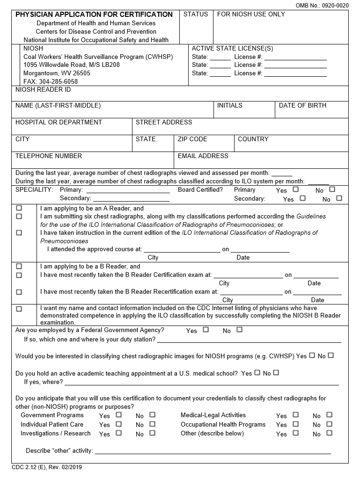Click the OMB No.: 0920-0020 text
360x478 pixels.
pyautogui.click(x=322, y=5)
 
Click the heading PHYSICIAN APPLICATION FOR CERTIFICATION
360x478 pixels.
pyautogui.click(x=94, y=14)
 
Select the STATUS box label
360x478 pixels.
pyautogui.click(x=196, y=14)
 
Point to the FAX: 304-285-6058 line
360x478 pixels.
pyautogui.click(x=51, y=81)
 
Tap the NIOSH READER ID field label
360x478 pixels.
pyautogui.click(x=43, y=89)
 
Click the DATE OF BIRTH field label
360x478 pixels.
pyautogui.click(x=302, y=106)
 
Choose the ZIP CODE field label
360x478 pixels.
pyautogui.click(x=192, y=139)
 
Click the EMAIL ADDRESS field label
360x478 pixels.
pyautogui.click(x=203, y=156)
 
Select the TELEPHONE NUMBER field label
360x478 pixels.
pyautogui.click(x=49, y=156)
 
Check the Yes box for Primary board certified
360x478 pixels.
pyautogui.click(x=295, y=189)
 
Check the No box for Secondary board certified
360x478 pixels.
pyautogui.click(x=339, y=198)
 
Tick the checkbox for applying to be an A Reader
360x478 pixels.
pyautogui.click(x=19, y=208)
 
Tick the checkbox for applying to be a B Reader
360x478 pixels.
pyautogui.click(x=19, y=266)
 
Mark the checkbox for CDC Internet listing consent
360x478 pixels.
pyautogui.click(x=19, y=309)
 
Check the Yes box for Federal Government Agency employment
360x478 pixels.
pyautogui.click(x=206, y=330)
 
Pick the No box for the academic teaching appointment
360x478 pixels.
pyautogui.click(x=276, y=373)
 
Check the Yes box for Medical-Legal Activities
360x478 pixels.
pyautogui.click(x=295, y=415)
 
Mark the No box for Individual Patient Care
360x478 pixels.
pyautogui.click(x=152, y=424)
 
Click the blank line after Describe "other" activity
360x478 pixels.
pyautogui.click(x=213, y=451)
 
